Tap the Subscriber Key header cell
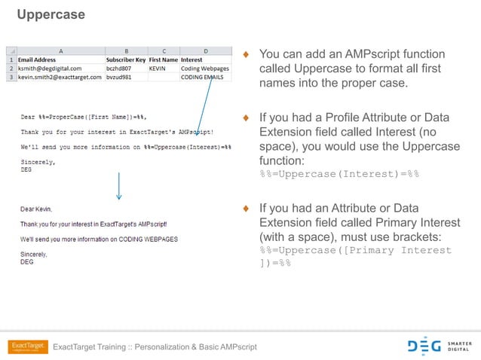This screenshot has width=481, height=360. pos(126,59)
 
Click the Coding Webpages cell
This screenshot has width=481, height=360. pos(204,68)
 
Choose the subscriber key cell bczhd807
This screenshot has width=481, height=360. pos(120,68)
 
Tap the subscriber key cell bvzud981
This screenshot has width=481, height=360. pos(120,77)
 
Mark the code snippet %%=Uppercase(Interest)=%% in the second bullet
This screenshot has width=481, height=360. pos(339,174)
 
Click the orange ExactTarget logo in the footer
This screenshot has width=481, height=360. pos(28,346)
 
